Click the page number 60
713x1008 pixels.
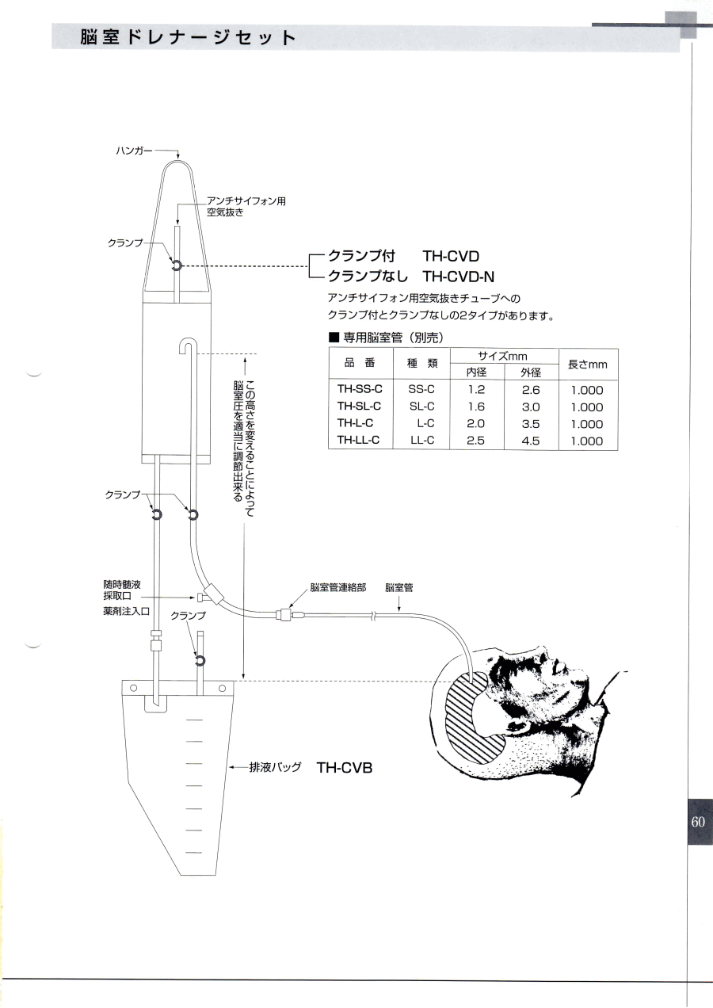pos(698,822)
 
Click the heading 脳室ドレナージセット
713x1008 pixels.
pos(188,38)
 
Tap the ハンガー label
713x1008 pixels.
pos(134,151)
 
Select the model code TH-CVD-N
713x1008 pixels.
pos(459,277)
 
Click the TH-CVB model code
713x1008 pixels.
pos(345,767)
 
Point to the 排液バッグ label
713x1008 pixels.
pos(275,767)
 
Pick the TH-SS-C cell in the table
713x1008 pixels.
pos(360,389)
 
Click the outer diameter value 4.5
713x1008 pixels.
pos(531,441)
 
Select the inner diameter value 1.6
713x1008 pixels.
pos(476,407)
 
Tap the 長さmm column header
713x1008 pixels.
pos(588,365)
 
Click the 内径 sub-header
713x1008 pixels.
pos(476,372)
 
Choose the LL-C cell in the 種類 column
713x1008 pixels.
pos(422,440)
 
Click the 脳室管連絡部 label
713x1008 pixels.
pos(337,588)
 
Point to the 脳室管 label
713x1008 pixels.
pos(399,588)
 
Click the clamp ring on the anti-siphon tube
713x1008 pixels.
pos(176,266)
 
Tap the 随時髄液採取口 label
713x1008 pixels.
pos(122,590)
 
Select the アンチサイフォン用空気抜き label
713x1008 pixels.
pos(246,207)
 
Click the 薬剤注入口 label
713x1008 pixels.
pos(126,612)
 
